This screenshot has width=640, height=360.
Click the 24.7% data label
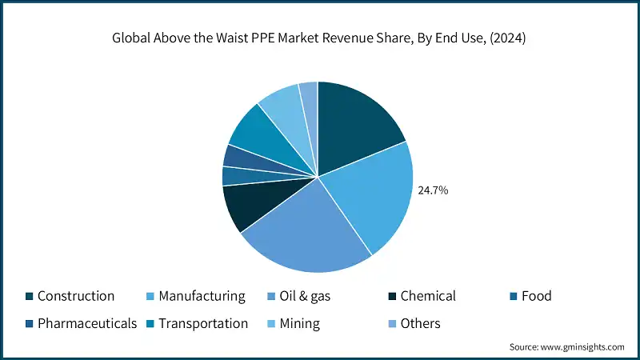pyautogui.click(x=433, y=190)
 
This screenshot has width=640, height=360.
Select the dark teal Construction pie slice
pyautogui.click(x=355, y=120)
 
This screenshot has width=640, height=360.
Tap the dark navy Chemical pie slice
pyautogui.click(x=244, y=206)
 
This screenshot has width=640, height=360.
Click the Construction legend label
pyautogui.click(x=76, y=296)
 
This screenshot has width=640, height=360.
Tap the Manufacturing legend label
pyautogui.click(x=202, y=296)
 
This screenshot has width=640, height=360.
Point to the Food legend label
pyautogui.click(x=536, y=296)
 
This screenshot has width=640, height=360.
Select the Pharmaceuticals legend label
pyautogui.click(x=87, y=323)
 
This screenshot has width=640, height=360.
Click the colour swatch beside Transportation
pyautogui.click(x=150, y=324)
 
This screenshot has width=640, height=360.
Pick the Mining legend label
pyautogui.click(x=300, y=323)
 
